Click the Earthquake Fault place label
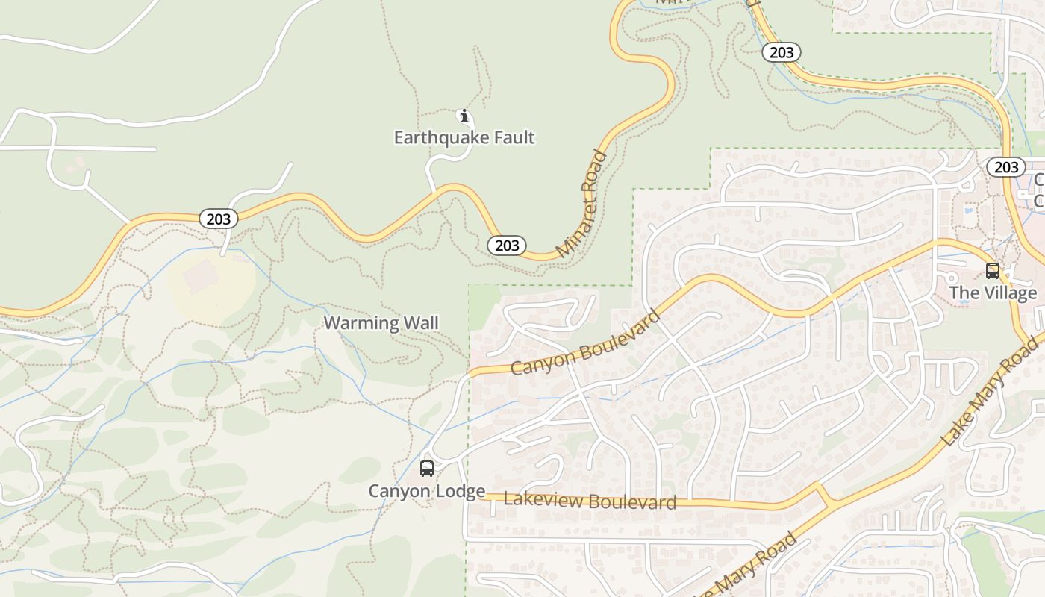[x=464, y=137]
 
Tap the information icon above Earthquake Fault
[x=464, y=116]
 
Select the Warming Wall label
[x=381, y=323]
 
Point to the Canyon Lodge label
[x=426, y=491]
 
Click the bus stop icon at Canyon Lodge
[x=427, y=469]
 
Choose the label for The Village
[x=993, y=293]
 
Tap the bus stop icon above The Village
[x=993, y=271]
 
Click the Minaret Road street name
[x=583, y=203]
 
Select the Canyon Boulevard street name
[x=586, y=343]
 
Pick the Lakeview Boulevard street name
[x=590, y=501]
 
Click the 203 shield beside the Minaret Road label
[x=507, y=245]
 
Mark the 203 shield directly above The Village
[x=1005, y=167]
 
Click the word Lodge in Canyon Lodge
[x=459, y=491]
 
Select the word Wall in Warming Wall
[x=421, y=323]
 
